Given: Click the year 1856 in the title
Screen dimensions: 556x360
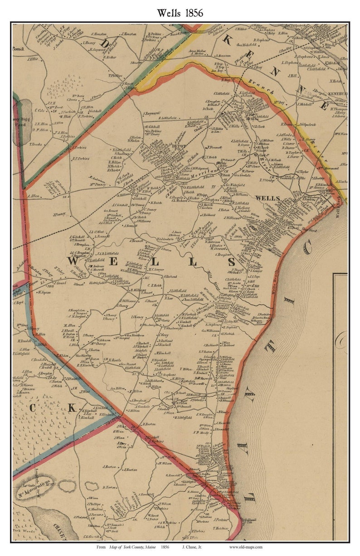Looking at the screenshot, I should (194, 12).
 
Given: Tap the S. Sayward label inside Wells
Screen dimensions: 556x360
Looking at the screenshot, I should (151, 113).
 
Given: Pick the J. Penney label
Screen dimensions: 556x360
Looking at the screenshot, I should (59, 214).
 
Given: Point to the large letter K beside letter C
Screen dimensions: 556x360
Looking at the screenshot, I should (72, 407).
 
